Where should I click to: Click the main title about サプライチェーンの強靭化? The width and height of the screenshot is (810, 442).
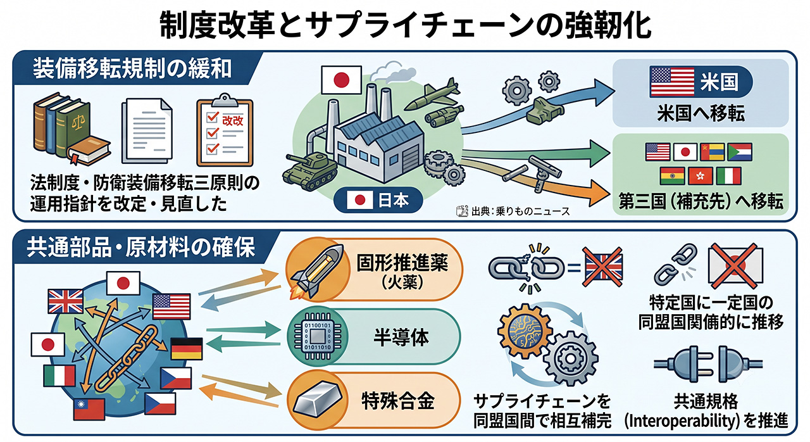click(405, 25)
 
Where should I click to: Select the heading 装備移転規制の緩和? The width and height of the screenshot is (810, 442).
click(132, 69)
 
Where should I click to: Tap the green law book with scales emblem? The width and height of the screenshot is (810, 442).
click(73, 127)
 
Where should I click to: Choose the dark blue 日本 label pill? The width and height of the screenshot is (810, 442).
click(378, 199)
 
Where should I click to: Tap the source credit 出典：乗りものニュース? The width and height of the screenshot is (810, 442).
click(513, 212)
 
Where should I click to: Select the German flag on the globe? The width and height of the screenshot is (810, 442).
click(187, 349)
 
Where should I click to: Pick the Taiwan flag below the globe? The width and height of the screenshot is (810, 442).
click(89, 409)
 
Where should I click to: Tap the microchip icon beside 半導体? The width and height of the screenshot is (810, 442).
click(318, 337)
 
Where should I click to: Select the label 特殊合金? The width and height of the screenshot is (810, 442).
click(398, 401)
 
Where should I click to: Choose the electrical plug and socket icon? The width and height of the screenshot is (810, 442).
click(708, 364)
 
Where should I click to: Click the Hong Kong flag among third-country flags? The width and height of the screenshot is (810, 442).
click(701, 176)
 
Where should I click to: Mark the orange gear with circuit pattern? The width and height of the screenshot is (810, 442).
click(525, 331)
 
